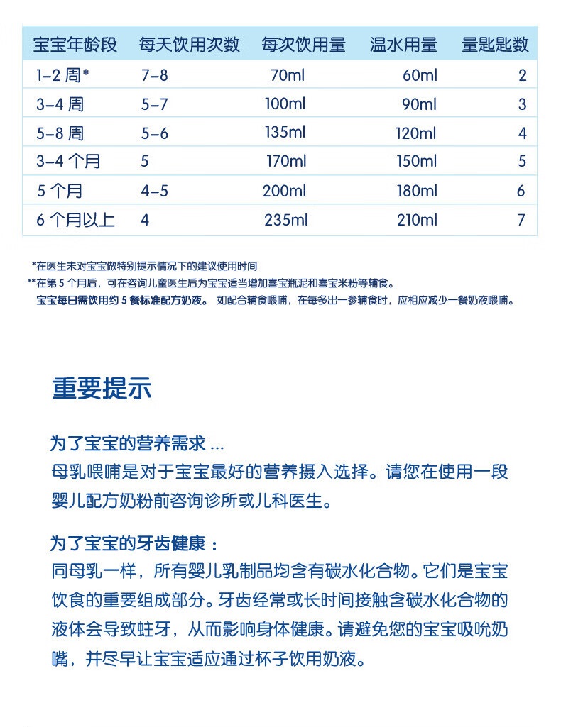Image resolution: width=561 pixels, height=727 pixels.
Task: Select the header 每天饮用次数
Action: (x=190, y=45)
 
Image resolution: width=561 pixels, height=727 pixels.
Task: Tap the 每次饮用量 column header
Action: (x=303, y=45)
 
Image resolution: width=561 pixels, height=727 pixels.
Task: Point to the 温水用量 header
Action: (x=403, y=45)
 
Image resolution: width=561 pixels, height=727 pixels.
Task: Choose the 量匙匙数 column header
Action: (x=496, y=45)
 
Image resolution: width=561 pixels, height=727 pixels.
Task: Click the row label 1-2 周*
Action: (x=62, y=75)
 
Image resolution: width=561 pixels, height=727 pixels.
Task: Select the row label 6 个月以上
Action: (x=75, y=220)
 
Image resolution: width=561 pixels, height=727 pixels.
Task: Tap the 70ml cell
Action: (x=287, y=75)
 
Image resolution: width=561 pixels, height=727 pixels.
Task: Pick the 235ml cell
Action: (x=285, y=220)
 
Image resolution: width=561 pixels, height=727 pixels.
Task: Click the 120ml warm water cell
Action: (x=416, y=133)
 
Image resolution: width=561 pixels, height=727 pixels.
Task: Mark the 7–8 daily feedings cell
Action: (x=155, y=75)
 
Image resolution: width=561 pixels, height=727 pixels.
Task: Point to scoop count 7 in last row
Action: (x=521, y=220)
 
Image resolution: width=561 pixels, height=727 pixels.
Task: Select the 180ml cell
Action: (x=417, y=191)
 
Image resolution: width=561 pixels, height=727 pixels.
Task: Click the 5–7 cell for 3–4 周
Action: (x=155, y=104)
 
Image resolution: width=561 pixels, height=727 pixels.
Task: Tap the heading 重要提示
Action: (x=102, y=389)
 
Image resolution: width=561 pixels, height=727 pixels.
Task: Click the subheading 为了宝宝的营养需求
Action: (x=136, y=444)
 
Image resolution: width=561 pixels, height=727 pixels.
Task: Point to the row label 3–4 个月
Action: (x=68, y=162)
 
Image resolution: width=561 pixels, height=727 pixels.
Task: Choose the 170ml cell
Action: (x=286, y=162)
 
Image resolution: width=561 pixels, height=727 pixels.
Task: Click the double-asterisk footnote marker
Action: (x=31, y=282)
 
